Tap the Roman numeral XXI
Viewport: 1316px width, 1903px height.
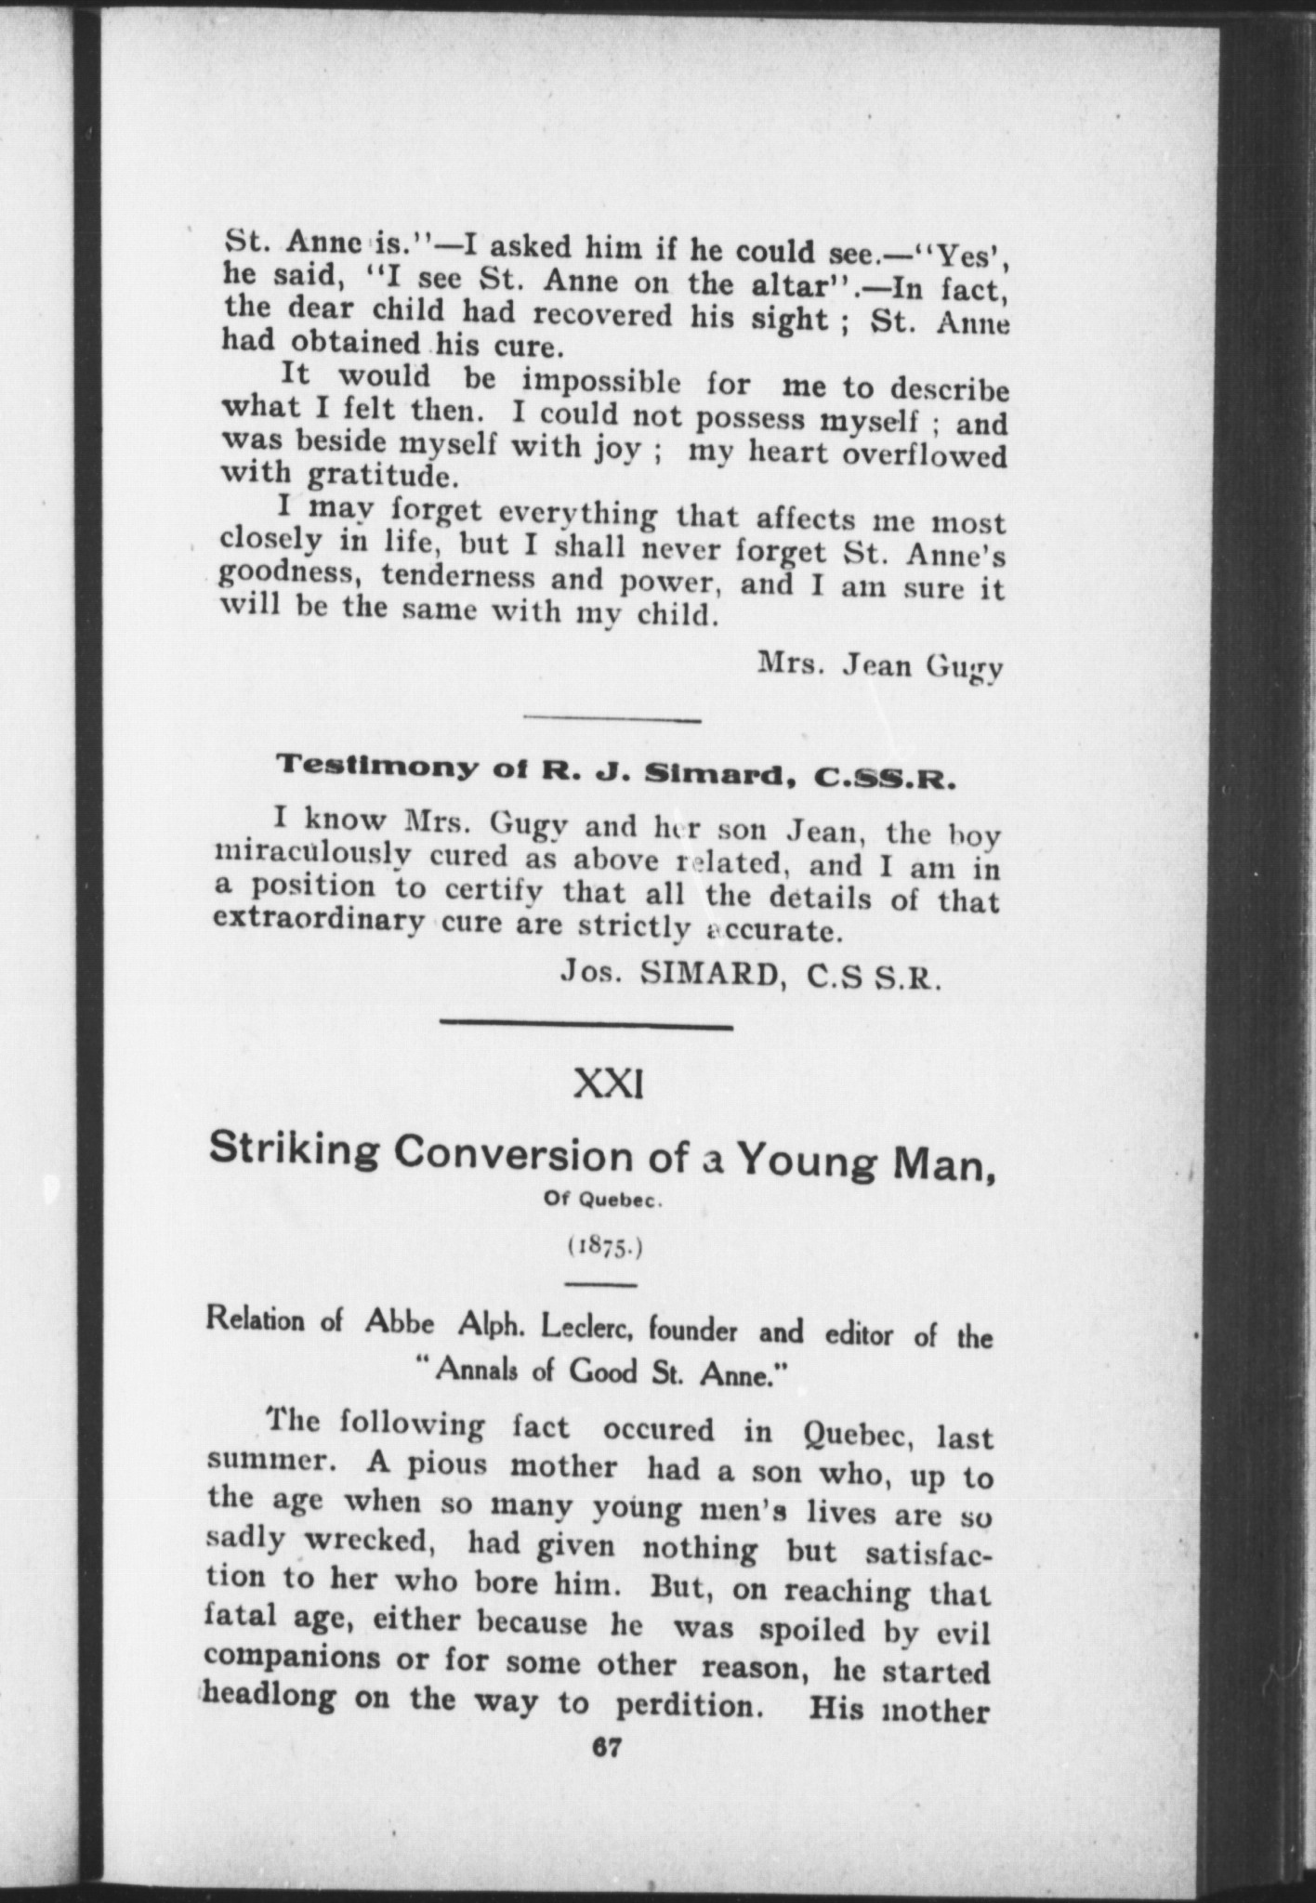point(609,1084)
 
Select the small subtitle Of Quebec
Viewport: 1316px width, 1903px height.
point(602,1200)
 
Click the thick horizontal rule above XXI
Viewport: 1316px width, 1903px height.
point(586,1027)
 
